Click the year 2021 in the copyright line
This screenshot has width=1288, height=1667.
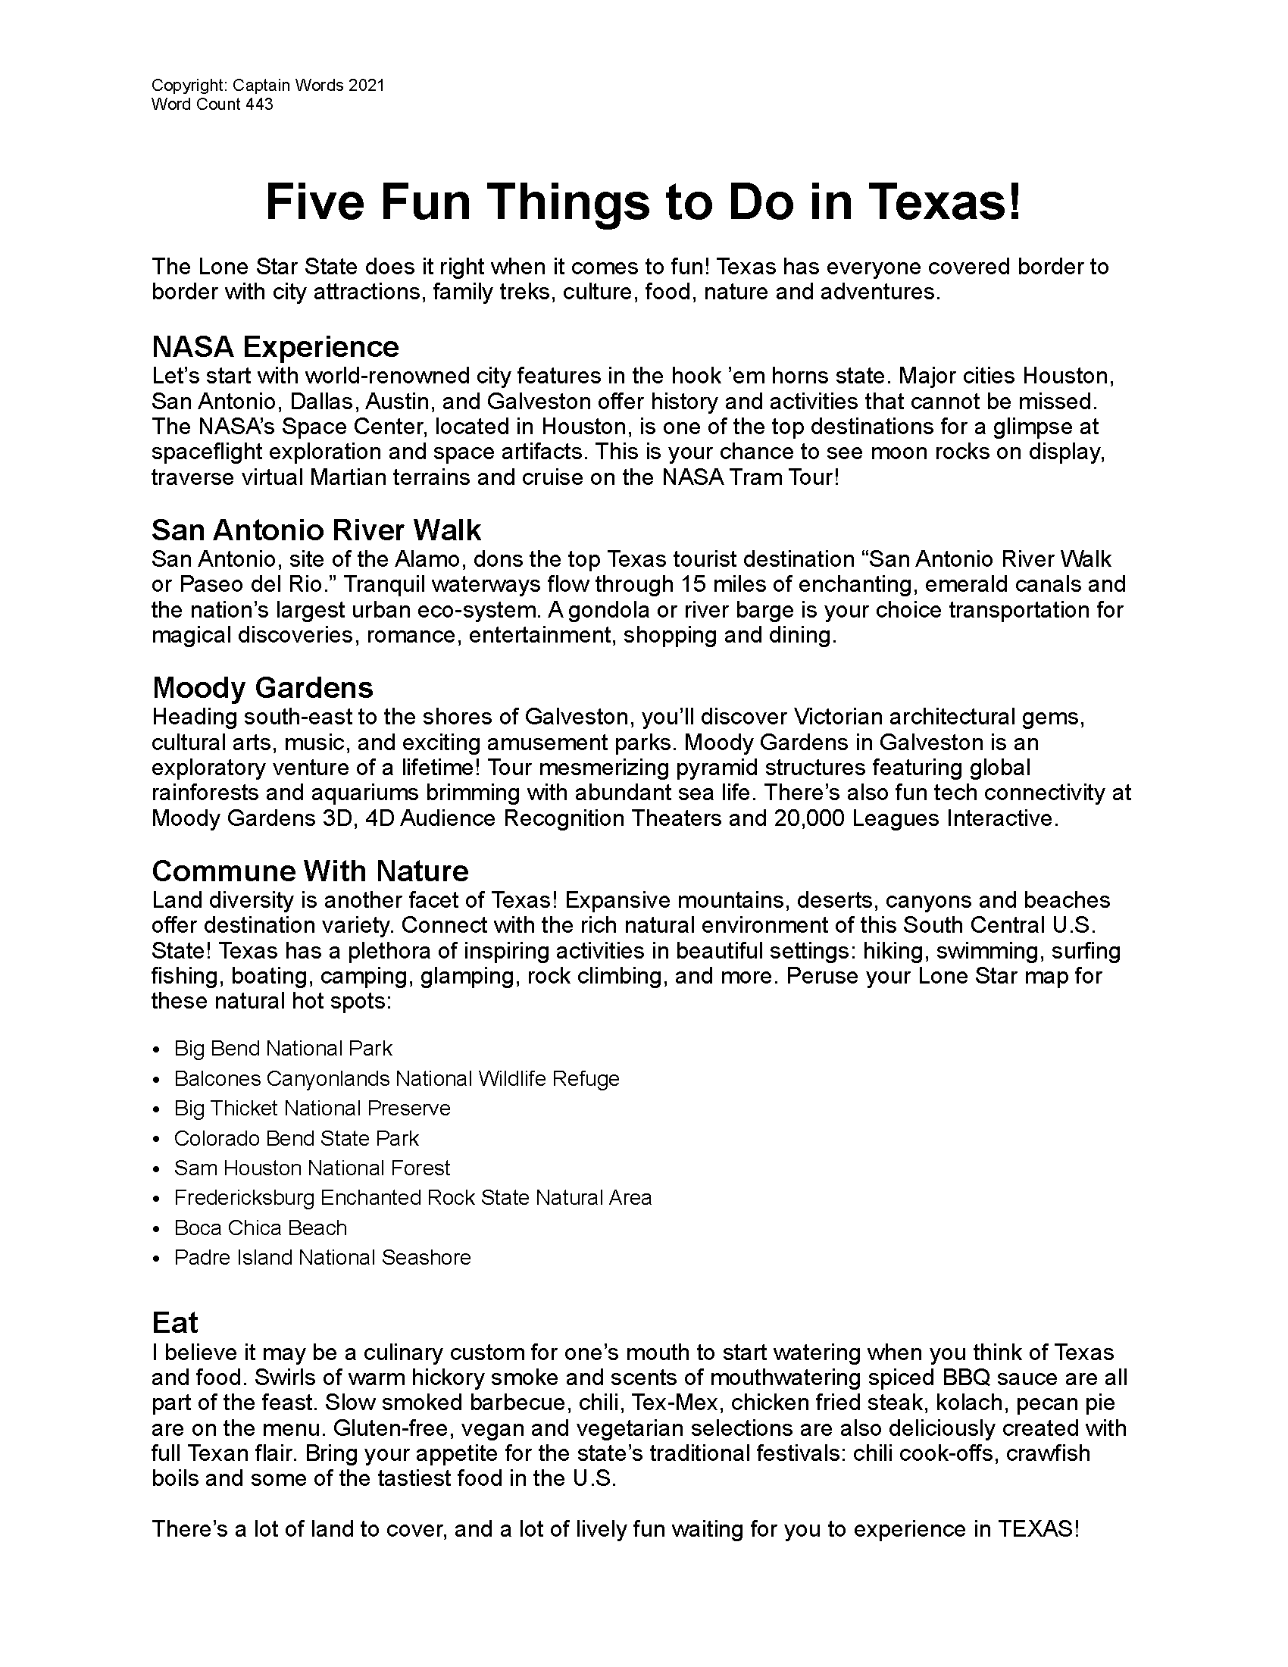[x=366, y=85]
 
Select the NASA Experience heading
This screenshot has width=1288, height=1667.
[x=275, y=346]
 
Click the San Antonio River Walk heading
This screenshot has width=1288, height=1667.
[x=316, y=530]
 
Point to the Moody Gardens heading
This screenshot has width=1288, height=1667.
[x=262, y=688]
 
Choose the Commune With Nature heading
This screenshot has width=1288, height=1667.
[x=310, y=871]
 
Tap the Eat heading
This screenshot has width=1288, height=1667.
[x=174, y=1322]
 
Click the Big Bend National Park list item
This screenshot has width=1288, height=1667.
[x=283, y=1049]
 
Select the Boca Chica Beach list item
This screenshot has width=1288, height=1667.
[x=260, y=1228]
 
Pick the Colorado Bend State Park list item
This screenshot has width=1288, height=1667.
[x=296, y=1139]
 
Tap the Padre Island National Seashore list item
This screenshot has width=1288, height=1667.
[x=322, y=1258]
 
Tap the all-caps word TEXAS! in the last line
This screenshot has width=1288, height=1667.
[x=1039, y=1530]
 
